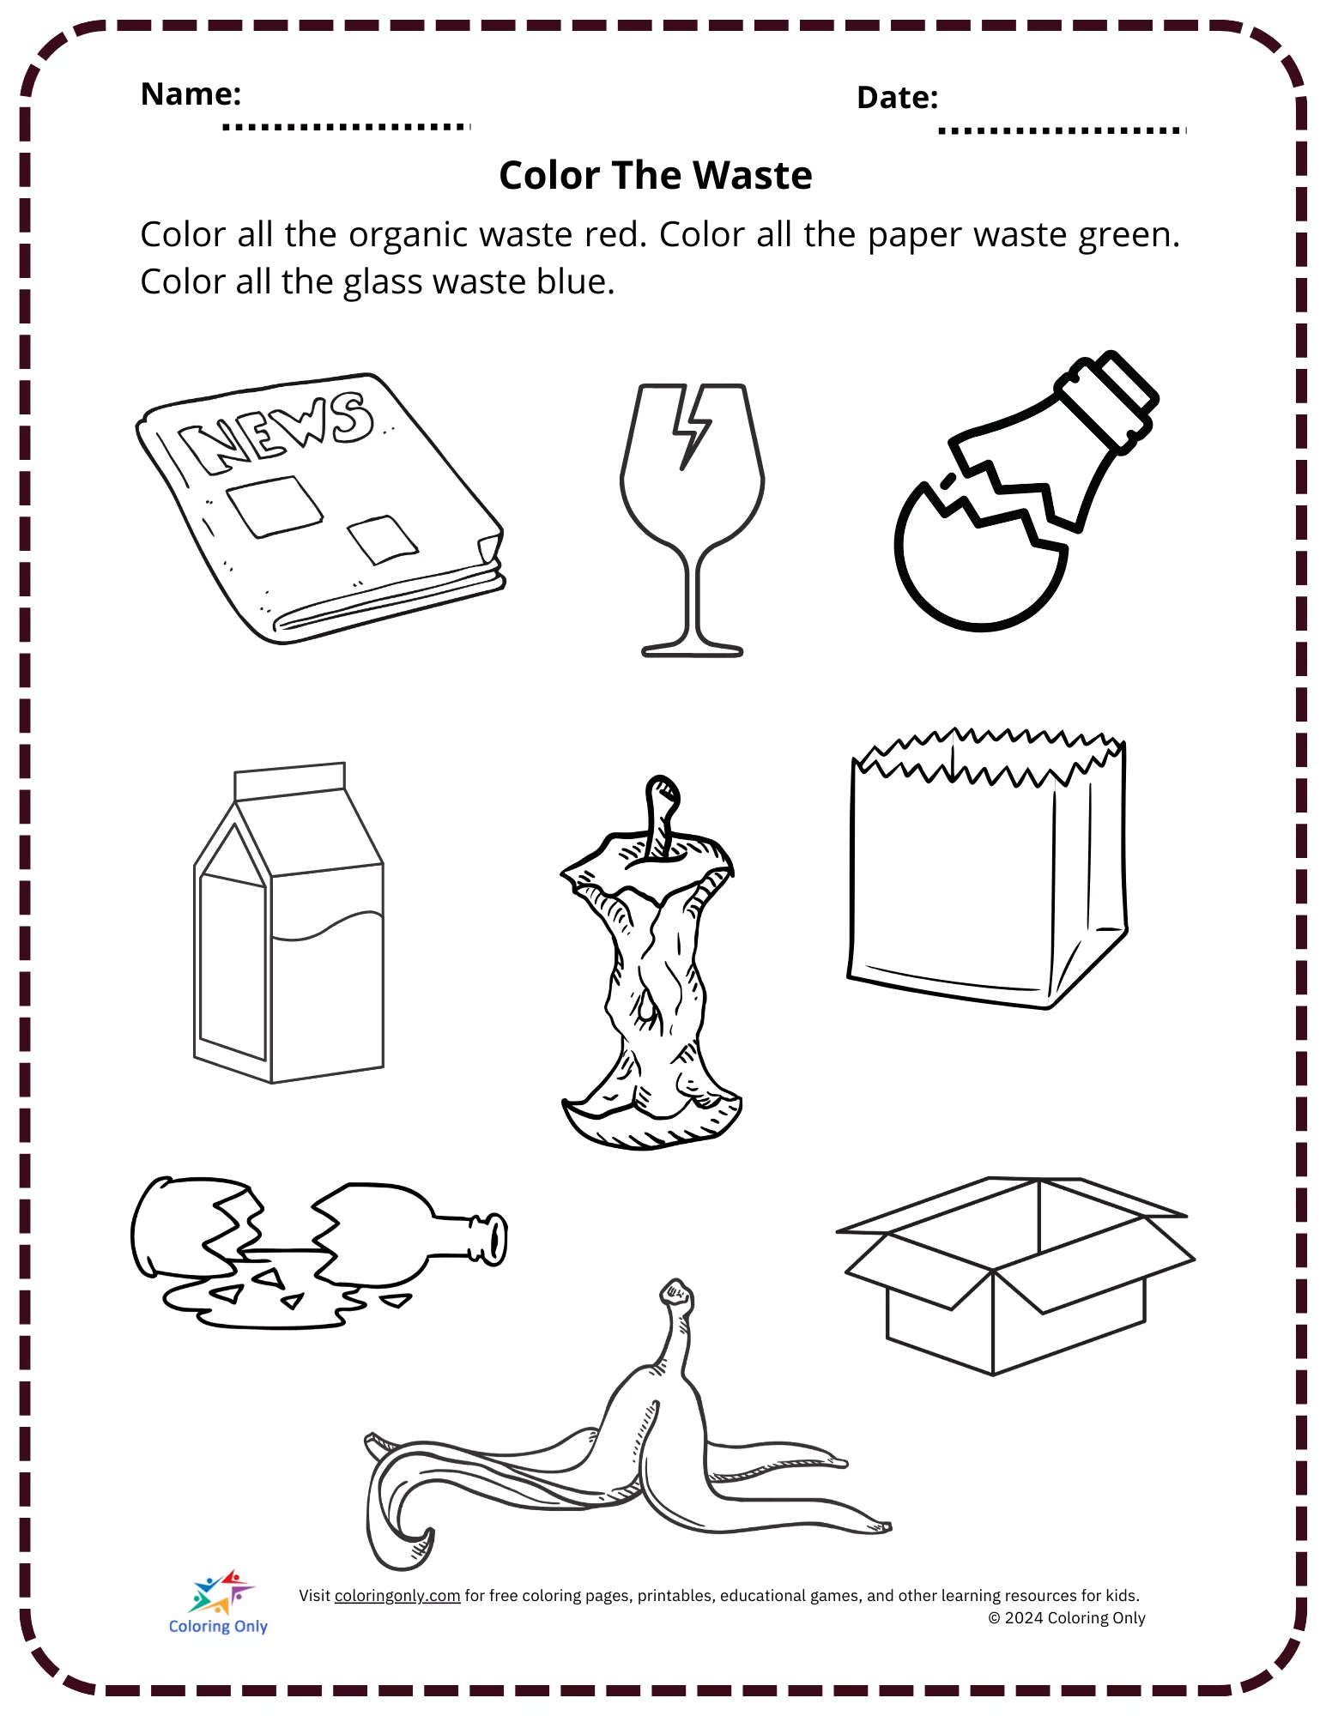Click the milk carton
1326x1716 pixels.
point(288,922)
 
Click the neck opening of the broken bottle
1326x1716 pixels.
point(496,1239)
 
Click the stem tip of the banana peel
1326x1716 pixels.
point(676,1291)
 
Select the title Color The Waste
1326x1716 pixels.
point(656,175)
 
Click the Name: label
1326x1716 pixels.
point(191,94)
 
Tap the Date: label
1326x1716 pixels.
point(897,98)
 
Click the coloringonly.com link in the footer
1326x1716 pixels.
point(397,1596)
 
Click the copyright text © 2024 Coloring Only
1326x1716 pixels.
point(1067,1618)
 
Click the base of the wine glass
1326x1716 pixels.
point(692,650)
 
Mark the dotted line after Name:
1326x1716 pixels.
point(347,127)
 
